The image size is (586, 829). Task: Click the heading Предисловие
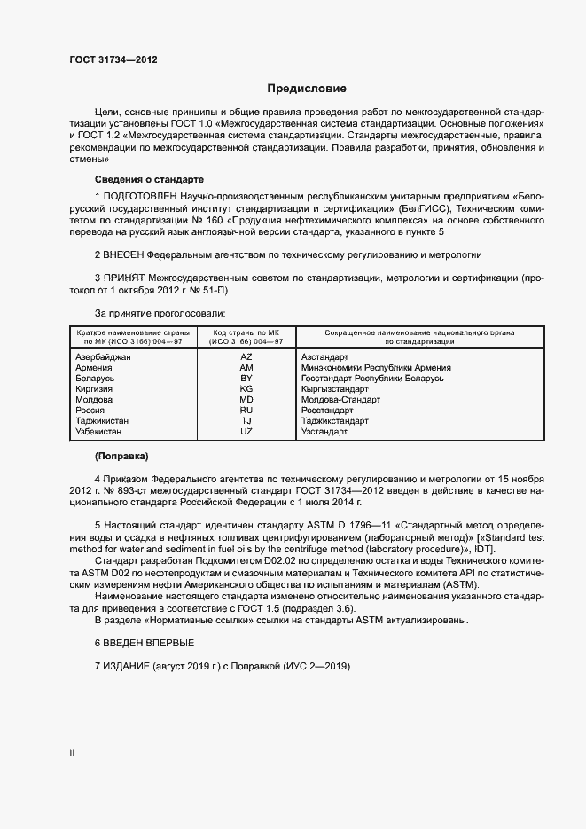[x=307, y=89]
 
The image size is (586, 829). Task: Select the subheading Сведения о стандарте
[x=149, y=178]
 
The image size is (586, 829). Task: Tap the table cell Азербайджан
[x=104, y=356]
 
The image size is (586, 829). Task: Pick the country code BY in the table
[x=246, y=378]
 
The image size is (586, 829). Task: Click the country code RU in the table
[x=246, y=410]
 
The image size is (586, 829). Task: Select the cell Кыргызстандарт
[x=335, y=388]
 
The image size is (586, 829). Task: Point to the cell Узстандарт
[x=324, y=431]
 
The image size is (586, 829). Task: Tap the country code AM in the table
[x=246, y=367]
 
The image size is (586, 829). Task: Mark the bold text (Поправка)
[x=121, y=456]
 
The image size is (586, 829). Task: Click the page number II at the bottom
[x=72, y=753]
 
